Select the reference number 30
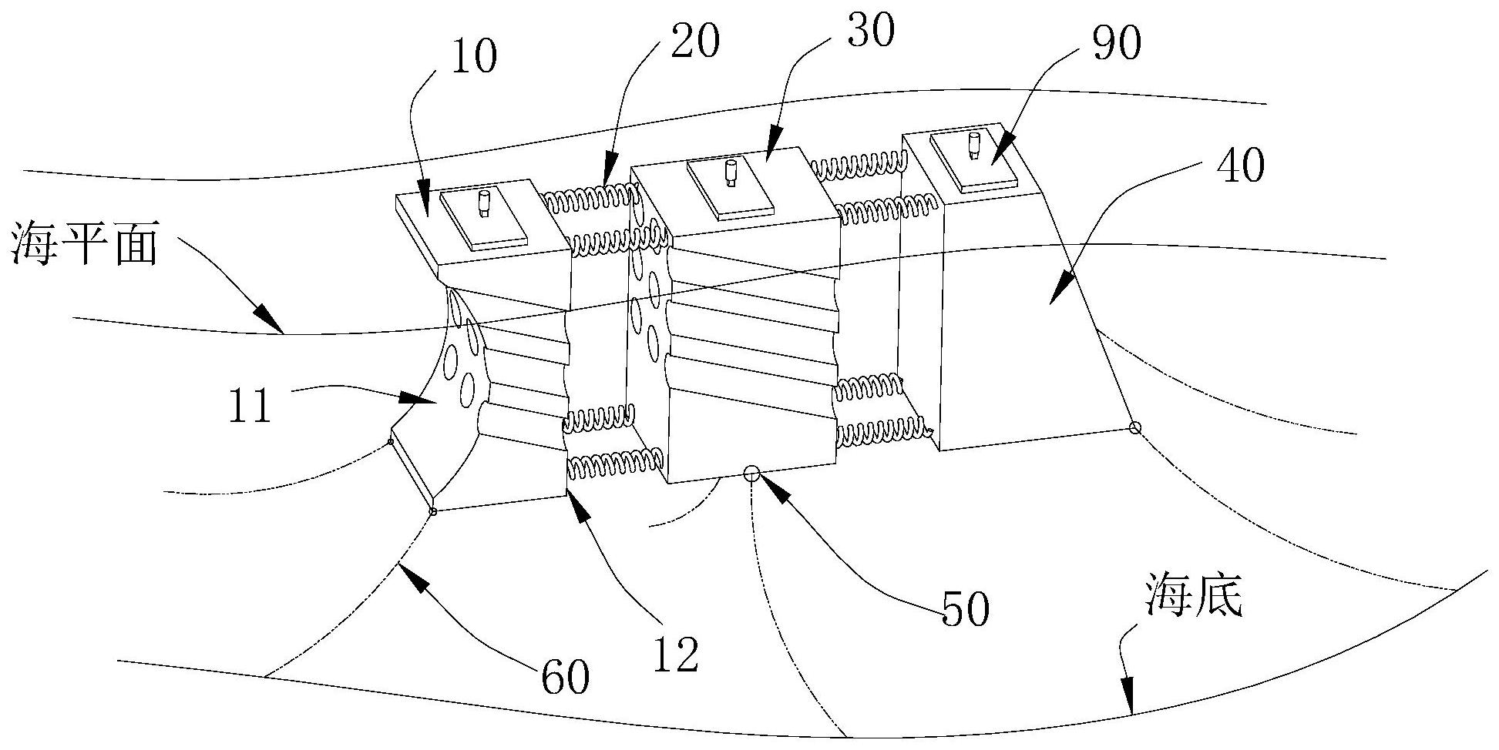[868, 32]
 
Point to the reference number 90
[1115, 44]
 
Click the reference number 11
[250, 406]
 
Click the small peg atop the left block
[484, 204]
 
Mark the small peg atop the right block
[973, 146]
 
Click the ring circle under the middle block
[751, 472]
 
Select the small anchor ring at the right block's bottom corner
[1134, 427]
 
